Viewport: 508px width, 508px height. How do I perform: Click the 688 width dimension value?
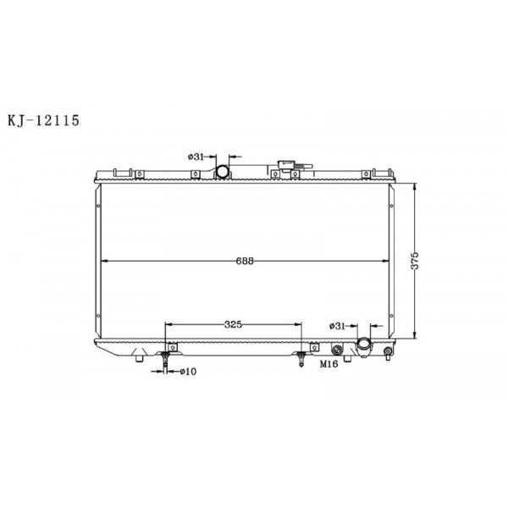(246, 260)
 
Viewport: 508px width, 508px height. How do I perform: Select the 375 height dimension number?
(415, 260)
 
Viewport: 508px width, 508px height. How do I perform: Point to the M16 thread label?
(327, 364)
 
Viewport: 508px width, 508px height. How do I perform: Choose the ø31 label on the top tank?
(195, 157)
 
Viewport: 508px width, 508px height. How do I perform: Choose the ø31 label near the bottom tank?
(337, 325)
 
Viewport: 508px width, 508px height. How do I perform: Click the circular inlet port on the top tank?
(222, 173)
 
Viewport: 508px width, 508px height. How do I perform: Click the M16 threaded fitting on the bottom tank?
(337, 350)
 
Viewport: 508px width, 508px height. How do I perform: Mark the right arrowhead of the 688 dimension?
(386, 260)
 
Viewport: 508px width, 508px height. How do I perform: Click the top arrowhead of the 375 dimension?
(415, 184)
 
